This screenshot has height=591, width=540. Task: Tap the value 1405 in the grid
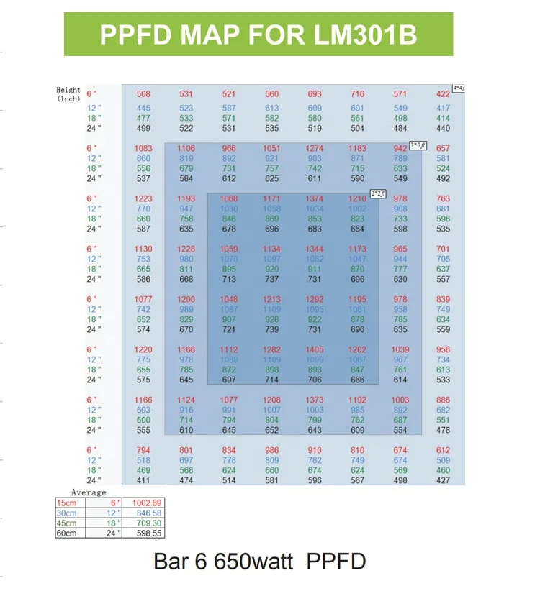click(315, 349)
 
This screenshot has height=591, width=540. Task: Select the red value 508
click(143, 93)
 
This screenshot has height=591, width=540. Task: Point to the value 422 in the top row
click(443, 93)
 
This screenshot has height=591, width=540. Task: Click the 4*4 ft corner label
click(458, 88)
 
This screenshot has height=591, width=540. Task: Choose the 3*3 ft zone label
click(417, 144)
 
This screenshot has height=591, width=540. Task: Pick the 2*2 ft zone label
click(377, 193)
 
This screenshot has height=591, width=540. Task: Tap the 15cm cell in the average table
click(66, 502)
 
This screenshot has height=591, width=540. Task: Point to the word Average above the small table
click(89, 492)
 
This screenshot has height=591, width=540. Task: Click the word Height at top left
click(68, 90)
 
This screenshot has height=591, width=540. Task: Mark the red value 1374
click(315, 198)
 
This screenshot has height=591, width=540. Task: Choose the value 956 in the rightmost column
click(443, 349)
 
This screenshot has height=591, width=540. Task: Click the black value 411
click(143, 480)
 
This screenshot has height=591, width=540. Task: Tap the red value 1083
click(143, 148)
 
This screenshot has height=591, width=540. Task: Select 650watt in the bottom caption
click(253, 562)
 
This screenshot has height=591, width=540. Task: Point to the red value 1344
click(315, 249)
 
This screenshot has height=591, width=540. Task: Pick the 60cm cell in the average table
click(66, 533)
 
